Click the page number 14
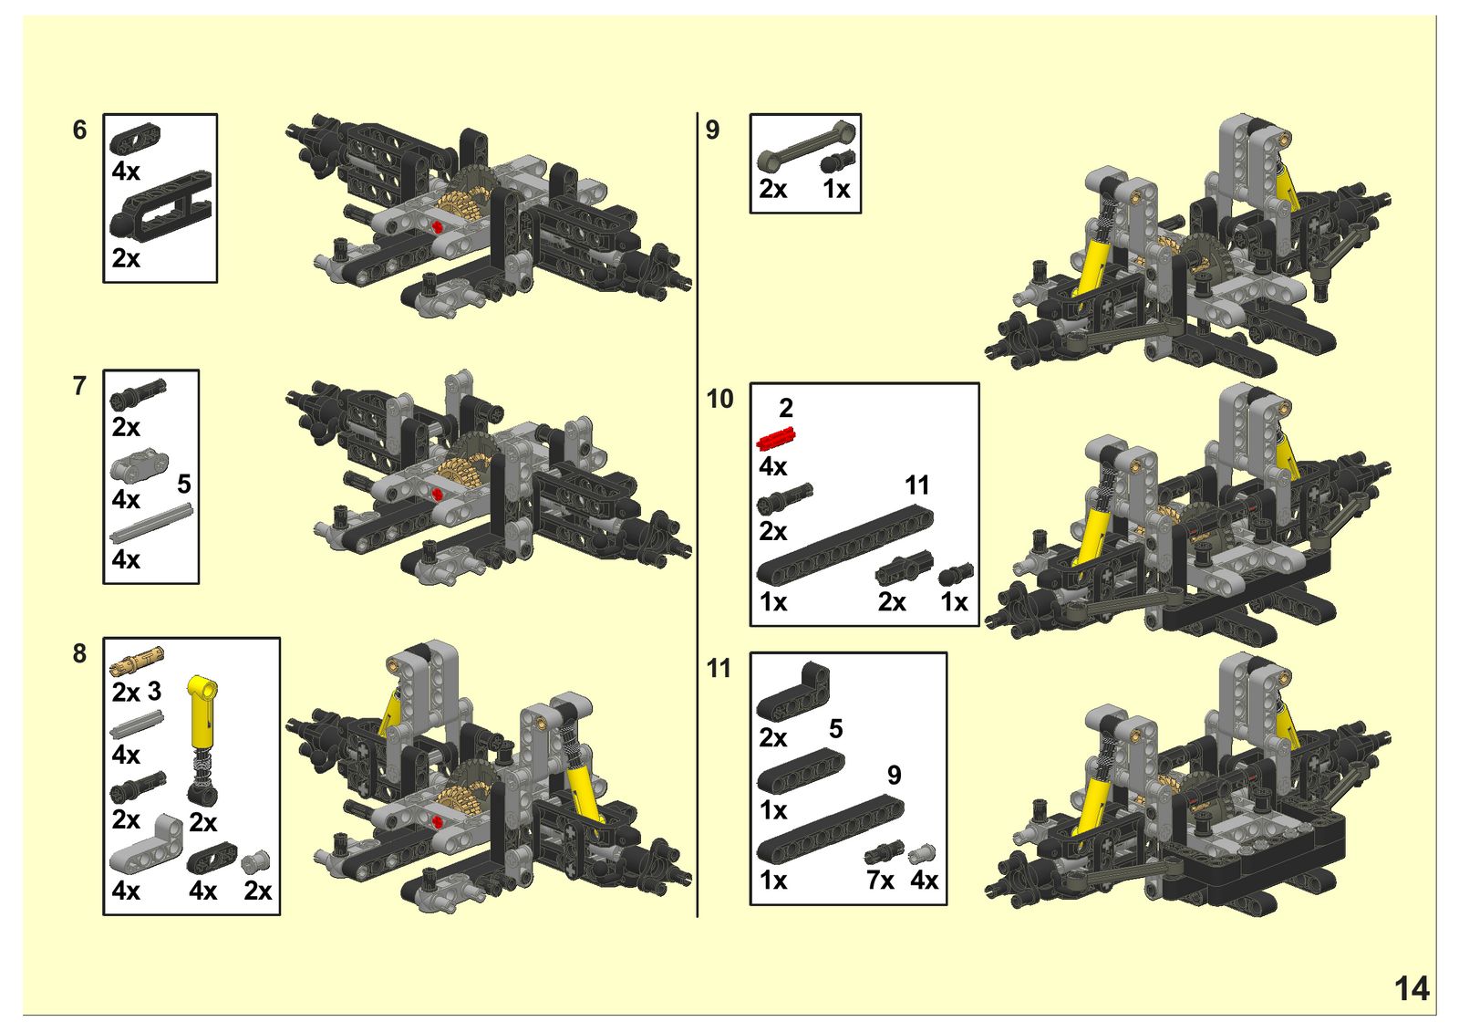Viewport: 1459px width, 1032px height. click(x=1412, y=989)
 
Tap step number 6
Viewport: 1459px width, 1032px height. click(x=79, y=130)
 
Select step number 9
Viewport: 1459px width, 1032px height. click(x=712, y=130)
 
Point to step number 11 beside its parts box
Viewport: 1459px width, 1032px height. click(x=719, y=669)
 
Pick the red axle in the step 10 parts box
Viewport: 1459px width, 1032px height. click(x=777, y=439)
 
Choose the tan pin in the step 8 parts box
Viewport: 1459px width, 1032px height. click(x=137, y=657)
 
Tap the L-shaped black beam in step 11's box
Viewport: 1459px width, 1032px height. click(x=793, y=692)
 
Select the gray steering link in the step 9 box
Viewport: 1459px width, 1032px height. click(x=805, y=146)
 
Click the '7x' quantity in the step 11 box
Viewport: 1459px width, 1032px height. click(x=879, y=881)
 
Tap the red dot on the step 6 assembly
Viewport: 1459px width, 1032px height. click(x=438, y=226)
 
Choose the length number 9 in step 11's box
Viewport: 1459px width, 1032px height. click(x=894, y=775)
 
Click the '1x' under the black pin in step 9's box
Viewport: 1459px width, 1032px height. click(x=836, y=189)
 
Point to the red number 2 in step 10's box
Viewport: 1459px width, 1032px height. click(x=785, y=408)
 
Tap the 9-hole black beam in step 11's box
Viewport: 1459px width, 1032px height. click(x=830, y=829)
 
